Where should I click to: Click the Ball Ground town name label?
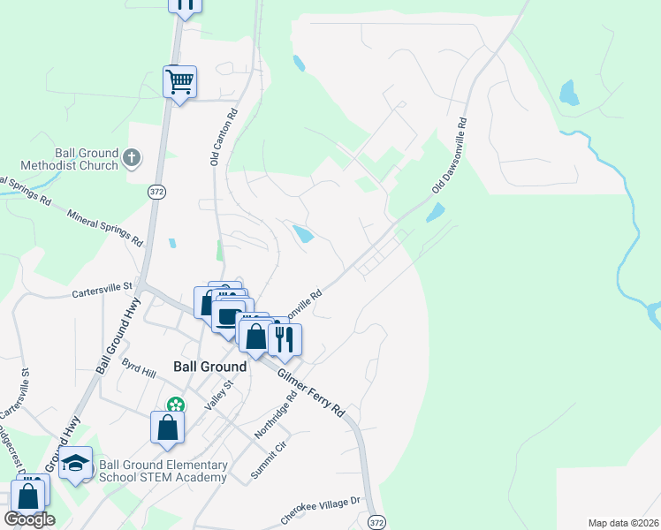[x=209, y=366]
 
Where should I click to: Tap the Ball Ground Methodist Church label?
[x=73, y=158]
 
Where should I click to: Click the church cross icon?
[x=132, y=158]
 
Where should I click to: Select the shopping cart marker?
[x=180, y=82]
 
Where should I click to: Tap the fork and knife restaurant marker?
[x=285, y=339]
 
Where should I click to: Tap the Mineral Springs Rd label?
[x=104, y=227]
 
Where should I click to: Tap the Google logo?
[x=29, y=519]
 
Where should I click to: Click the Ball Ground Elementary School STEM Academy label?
[x=163, y=471]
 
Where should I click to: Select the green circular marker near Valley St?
[x=176, y=405]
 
